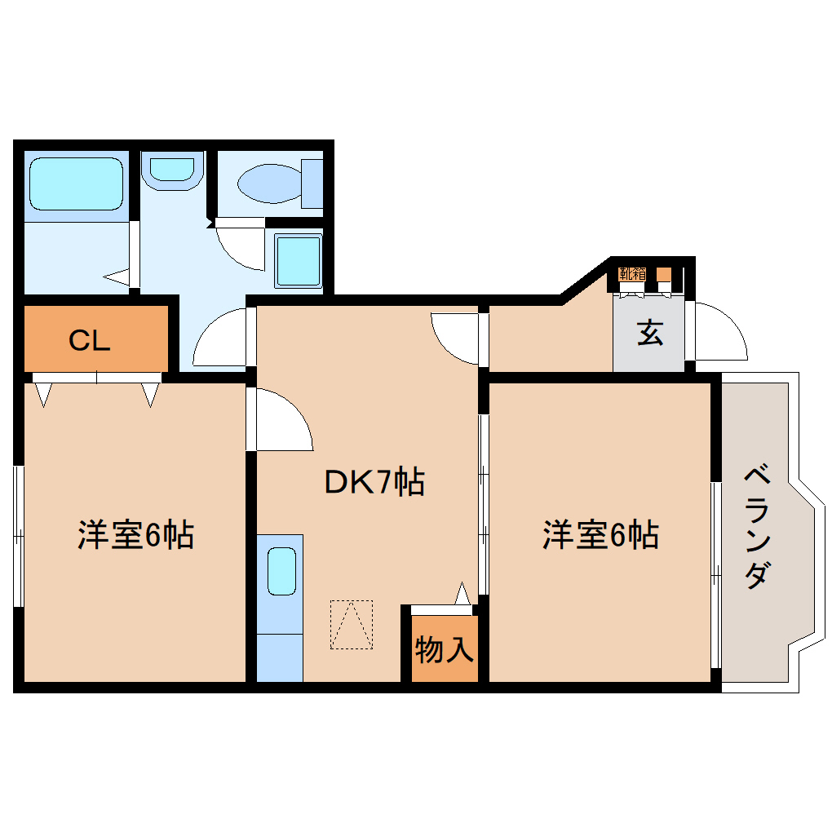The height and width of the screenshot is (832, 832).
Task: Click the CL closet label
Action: click(89, 341)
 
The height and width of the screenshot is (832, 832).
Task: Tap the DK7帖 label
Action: click(374, 483)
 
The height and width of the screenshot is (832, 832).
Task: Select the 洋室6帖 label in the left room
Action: click(135, 535)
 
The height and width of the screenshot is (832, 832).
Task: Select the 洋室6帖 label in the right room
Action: click(601, 535)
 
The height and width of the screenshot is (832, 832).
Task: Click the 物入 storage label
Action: click(444, 650)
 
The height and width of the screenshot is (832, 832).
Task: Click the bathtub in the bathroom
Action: click(76, 184)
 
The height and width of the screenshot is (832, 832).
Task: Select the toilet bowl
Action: click(273, 183)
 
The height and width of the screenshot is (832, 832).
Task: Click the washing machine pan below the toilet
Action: click(298, 259)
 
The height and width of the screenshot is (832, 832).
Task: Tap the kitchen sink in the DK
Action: click(281, 571)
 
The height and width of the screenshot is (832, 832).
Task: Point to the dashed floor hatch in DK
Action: click(351, 625)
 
